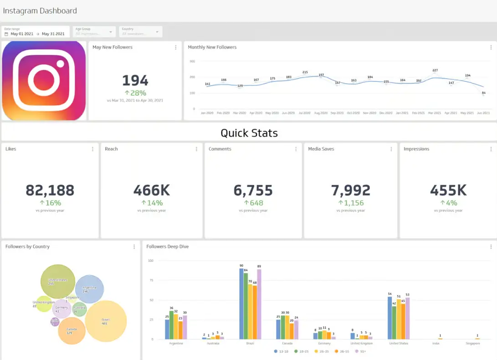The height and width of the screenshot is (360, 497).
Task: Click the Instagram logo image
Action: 44,81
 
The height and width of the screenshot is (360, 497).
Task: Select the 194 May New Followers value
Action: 135,81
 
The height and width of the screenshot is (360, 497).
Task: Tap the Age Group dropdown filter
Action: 94,31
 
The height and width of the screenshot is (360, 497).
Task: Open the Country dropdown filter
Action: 141,31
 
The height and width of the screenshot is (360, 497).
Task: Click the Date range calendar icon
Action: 6,34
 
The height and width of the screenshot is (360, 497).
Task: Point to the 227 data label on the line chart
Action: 435,71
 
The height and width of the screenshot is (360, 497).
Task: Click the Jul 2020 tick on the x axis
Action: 304,113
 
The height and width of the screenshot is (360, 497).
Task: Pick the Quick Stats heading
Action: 249,133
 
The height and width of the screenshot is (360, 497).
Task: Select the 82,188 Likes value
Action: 50,190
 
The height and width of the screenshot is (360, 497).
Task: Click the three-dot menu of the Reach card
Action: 196,149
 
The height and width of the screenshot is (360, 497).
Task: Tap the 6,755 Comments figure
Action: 253,190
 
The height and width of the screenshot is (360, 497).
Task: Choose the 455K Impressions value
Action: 448,190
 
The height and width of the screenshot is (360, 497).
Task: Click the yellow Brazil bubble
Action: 106,321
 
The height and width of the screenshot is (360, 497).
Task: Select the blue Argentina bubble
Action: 89,289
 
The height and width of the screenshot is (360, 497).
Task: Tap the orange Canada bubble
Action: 72,330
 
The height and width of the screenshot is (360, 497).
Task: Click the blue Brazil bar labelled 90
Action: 241,304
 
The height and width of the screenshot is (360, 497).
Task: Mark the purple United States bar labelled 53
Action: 407,318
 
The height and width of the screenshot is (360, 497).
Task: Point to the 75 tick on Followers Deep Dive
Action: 151,280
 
